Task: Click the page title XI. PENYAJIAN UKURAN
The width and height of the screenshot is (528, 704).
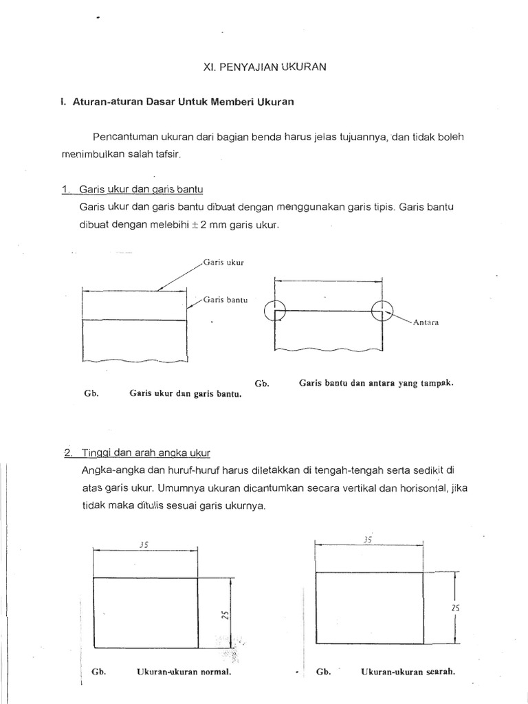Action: click(264, 67)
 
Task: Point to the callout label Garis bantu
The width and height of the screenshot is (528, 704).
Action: click(226, 300)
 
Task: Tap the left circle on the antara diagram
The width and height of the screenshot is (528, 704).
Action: click(275, 311)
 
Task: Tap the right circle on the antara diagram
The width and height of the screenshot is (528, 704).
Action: click(382, 311)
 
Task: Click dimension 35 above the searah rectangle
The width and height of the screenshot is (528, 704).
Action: click(367, 540)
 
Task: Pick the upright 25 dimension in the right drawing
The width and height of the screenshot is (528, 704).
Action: click(454, 607)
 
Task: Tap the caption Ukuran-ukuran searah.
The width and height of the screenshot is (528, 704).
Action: click(407, 672)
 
